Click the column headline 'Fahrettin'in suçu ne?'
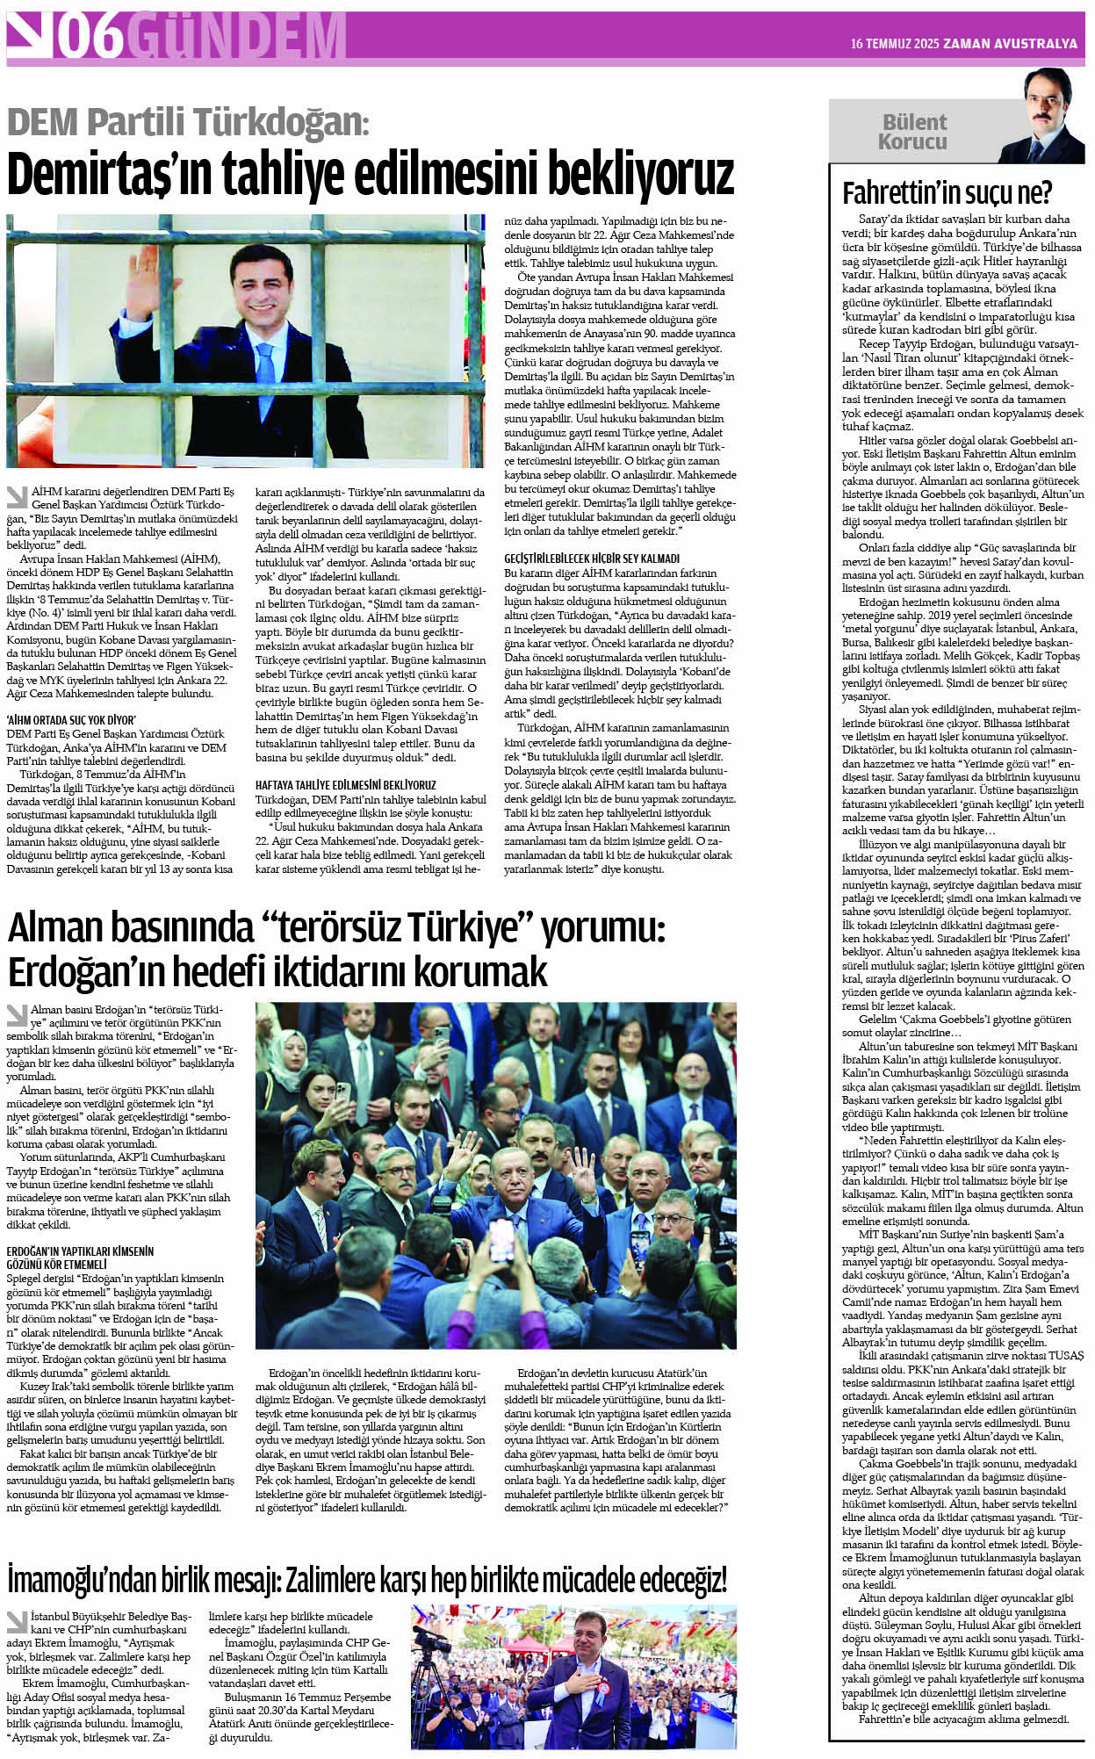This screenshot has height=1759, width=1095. (x=947, y=192)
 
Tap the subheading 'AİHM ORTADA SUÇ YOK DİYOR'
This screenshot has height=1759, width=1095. (x=71, y=719)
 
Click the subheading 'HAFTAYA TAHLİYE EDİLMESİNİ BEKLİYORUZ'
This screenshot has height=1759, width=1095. (x=345, y=785)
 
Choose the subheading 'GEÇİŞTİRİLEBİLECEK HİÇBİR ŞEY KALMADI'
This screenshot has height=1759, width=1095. (x=592, y=559)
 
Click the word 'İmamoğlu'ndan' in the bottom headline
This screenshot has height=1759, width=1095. (x=81, y=1580)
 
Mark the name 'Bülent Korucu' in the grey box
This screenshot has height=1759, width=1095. (x=914, y=132)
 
